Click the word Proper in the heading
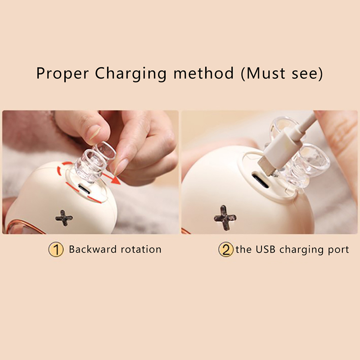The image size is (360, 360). pos(63,73)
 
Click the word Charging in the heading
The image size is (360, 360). pos(130,73)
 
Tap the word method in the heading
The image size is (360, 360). pos(204,73)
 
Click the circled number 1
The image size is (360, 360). pos(56,250)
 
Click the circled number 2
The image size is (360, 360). pos(226,249)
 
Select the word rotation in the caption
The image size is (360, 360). pos(141,250)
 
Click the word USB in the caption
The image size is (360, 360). pos(265,249)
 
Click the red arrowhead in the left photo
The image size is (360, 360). pos(116,181)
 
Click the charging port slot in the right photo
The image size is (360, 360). pos(260,181)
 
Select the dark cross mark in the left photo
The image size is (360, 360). pos(64,218)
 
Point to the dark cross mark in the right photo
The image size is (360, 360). pos(225,218)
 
